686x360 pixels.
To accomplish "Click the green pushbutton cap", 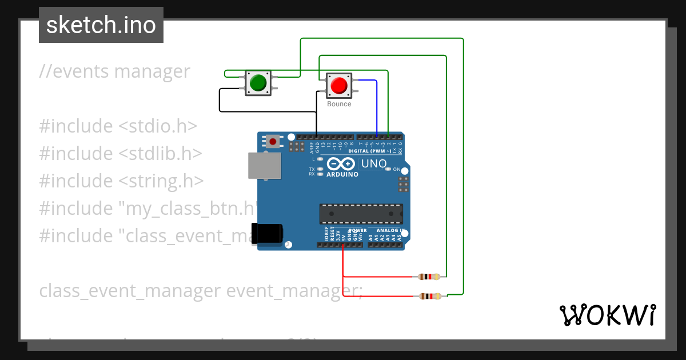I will [258, 82].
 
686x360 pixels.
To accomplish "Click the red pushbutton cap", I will [338, 85].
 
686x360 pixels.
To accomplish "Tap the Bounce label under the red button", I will [339, 104].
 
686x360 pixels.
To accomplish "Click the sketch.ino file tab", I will [101, 25].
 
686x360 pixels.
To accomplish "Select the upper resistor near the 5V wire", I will [429, 277].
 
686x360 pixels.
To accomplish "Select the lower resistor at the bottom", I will [430, 296].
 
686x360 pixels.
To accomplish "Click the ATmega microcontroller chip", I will [361, 214].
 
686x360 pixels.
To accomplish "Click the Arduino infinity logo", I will [342, 165].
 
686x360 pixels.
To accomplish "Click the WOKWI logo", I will [607, 315].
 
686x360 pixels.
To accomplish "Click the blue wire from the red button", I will [376, 106].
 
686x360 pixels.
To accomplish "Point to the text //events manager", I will [114, 71].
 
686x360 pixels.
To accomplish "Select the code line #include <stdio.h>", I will [118, 126].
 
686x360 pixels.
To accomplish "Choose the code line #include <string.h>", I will [121, 181].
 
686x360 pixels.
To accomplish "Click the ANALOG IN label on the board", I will [390, 231].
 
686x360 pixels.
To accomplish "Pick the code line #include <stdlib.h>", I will [121, 153].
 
